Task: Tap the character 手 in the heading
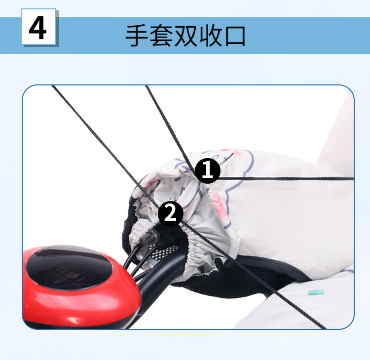pos(137,36)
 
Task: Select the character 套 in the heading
pos(161,36)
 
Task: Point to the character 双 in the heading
pos(185,36)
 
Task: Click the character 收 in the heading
pos(210,36)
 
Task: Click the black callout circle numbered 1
pos(208,170)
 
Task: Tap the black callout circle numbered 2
pos(170,214)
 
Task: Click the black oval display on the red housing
pos(69,268)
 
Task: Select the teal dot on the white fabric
pos(316,293)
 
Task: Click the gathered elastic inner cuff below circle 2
pos(198,250)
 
